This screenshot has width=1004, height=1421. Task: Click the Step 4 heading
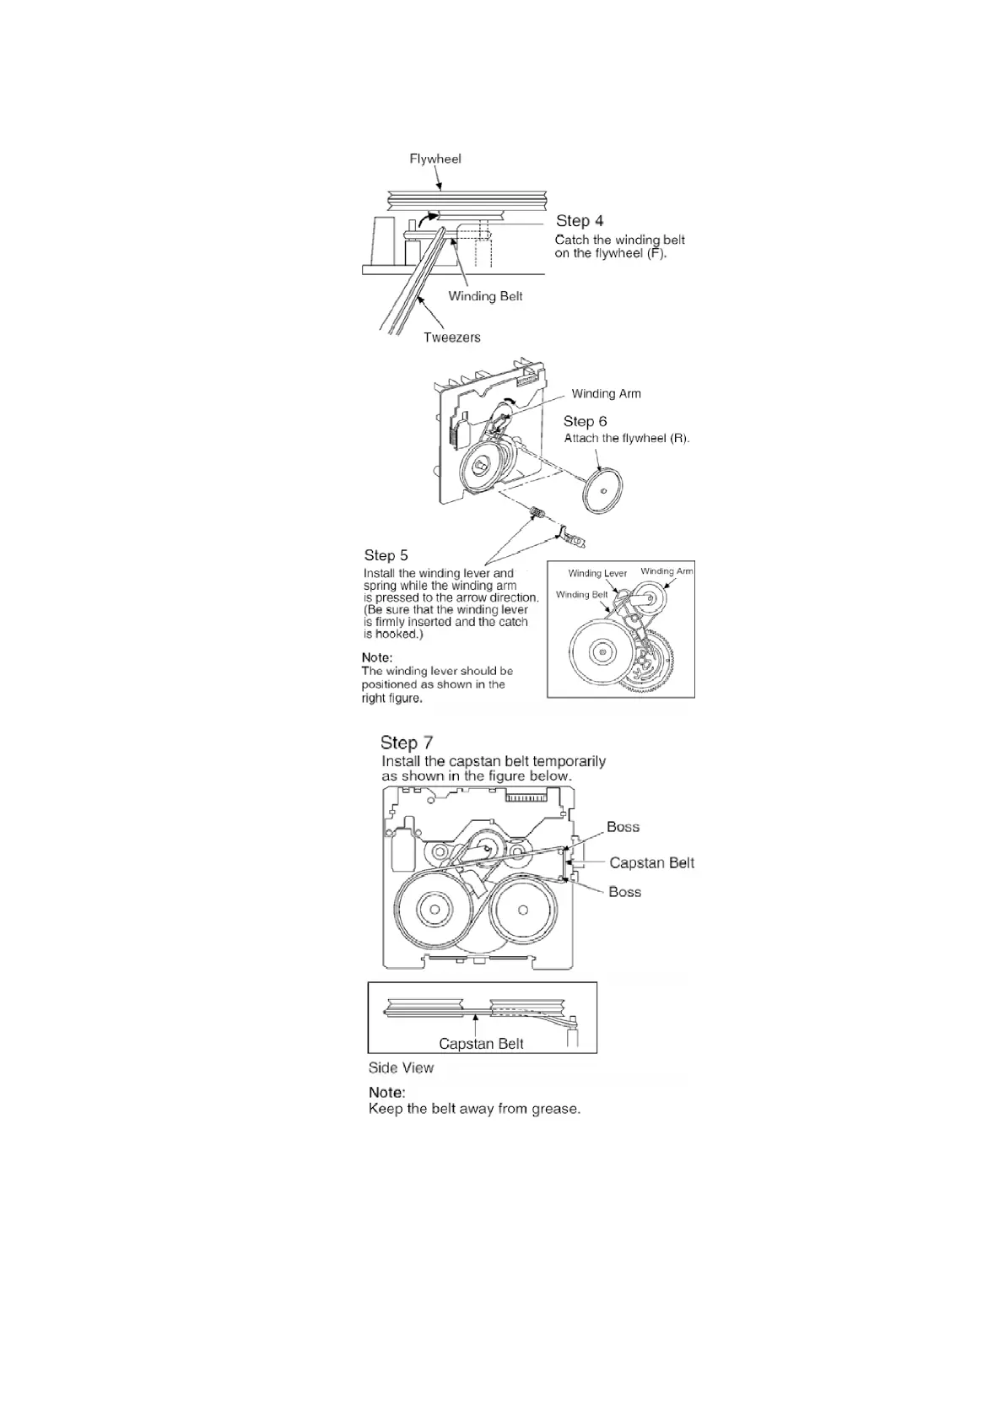click(579, 221)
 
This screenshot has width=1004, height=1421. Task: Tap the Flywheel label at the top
click(435, 159)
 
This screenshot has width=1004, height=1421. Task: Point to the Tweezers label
click(452, 338)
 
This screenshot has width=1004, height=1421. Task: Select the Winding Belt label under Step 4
click(485, 296)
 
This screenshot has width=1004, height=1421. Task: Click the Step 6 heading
click(585, 421)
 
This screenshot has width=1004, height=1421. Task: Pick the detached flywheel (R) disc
click(602, 491)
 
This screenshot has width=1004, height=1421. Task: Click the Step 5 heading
click(386, 555)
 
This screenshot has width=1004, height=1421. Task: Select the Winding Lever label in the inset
click(597, 574)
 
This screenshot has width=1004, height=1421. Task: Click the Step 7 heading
click(407, 743)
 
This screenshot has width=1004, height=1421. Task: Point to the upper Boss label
click(623, 827)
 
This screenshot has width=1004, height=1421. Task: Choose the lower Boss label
click(624, 892)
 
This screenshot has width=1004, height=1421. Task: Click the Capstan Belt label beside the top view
click(651, 862)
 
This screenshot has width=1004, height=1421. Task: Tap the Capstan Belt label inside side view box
click(481, 1044)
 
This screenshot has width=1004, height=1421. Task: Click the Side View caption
click(401, 1067)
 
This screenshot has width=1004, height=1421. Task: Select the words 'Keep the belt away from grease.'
click(474, 1109)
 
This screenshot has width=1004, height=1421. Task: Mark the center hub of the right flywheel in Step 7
click(523, 910)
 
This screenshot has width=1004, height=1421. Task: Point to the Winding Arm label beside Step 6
click(606, 393)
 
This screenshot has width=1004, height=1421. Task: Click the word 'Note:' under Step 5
click(377, 657)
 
